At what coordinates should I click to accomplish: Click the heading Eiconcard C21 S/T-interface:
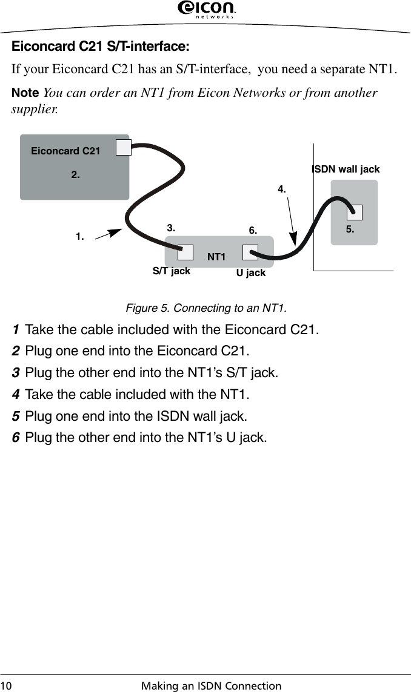pyautogui.click(x=101, y=47)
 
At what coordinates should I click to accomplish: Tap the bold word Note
pyautogui.click(x=25, y=93)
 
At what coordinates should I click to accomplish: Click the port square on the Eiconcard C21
pyautogui.click(x=124, y=147)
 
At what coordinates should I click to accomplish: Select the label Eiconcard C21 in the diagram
pyautogui.click(x=65, y=151)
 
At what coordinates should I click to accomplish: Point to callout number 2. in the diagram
pyautogui.click(x=76, y=174)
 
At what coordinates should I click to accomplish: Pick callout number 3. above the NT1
pyautogui.click(x=172, y=228)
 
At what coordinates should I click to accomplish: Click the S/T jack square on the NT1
pyautogui.click(x=185, y=252)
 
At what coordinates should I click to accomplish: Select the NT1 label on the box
pyautogui.click(x=216, y=257)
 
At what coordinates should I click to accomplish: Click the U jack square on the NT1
pyautogui.click(x=250, y=252)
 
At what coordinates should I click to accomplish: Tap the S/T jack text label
pyautogui.click(x=171, y=271)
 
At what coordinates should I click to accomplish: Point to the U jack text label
pyautogui.click(x=251, y=273)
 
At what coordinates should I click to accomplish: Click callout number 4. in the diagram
pyautogui.click(x=282, y=189)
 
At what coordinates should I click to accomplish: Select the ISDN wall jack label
pyautogui.click(x=346, y=169)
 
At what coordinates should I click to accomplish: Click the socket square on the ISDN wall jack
pyautogui.click(x=355, y=212)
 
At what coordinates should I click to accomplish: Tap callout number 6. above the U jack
pyautogui.click(x=253, y=231)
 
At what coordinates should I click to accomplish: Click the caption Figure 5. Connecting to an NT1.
pyautogui.click(x=206, y=308)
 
